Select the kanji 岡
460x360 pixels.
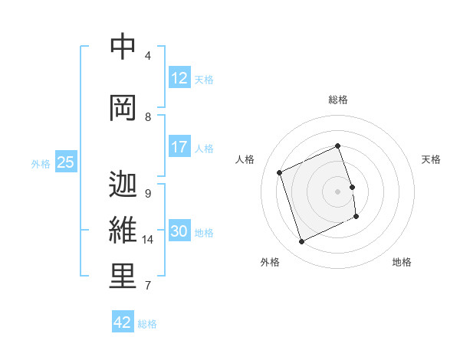(123, 107)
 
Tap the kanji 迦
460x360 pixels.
(123, 185)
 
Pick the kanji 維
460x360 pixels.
(123, 230)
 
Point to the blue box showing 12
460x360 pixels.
(179, 79)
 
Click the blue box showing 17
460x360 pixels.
(179, 148)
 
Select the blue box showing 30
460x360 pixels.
(179, 232)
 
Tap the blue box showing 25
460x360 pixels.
(65, 162)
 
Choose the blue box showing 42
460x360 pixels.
(123, 322)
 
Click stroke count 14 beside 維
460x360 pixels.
(148, 240)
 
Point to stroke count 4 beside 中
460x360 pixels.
(148, 56)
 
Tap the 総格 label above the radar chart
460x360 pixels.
(338, 100)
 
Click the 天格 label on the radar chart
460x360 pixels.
(431, 159)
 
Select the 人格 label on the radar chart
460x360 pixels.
(245, 159)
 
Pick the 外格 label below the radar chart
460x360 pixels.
(270, 262)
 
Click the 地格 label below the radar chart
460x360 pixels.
(402, 262)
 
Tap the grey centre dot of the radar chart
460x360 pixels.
(338, 191)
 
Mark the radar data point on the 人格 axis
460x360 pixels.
(280, 172)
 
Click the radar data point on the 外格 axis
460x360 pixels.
(301, 241)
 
